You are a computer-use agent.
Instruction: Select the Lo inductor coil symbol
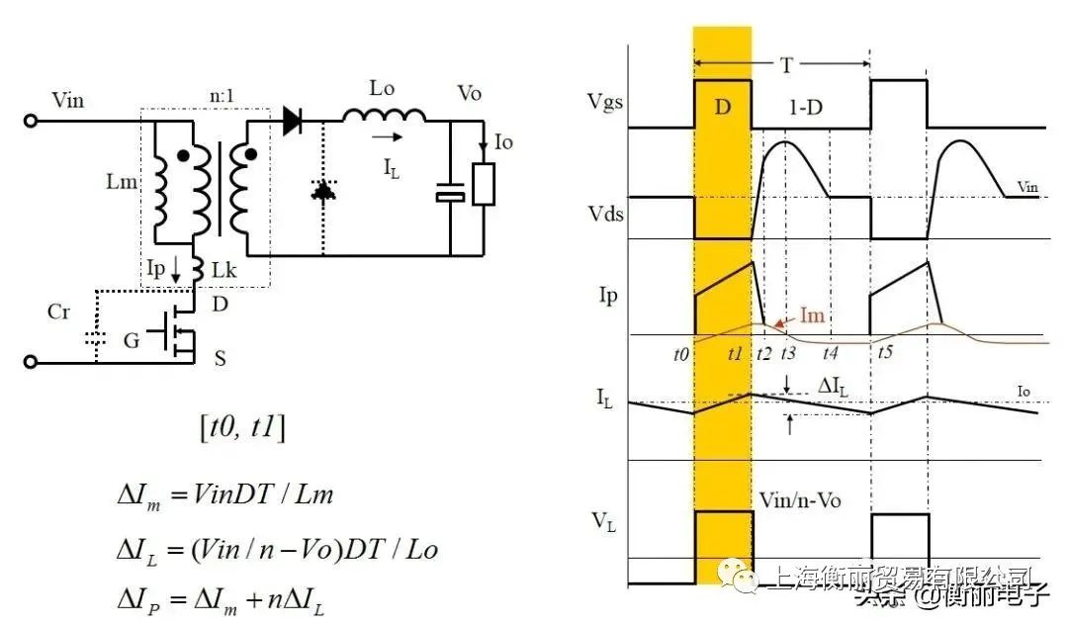coord(385,116)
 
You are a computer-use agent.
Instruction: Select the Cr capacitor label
coord(60,313)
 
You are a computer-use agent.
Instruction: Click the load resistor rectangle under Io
coord(483,184)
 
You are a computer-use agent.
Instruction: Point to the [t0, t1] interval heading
coord(241,428)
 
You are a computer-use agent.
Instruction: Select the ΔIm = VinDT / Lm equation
coord(224,493)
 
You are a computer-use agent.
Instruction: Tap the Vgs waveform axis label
coord(605,103)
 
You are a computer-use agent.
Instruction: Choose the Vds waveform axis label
coord(605,212)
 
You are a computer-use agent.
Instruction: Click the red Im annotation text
coord(810,315)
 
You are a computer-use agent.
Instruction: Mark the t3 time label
coord(788,351)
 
